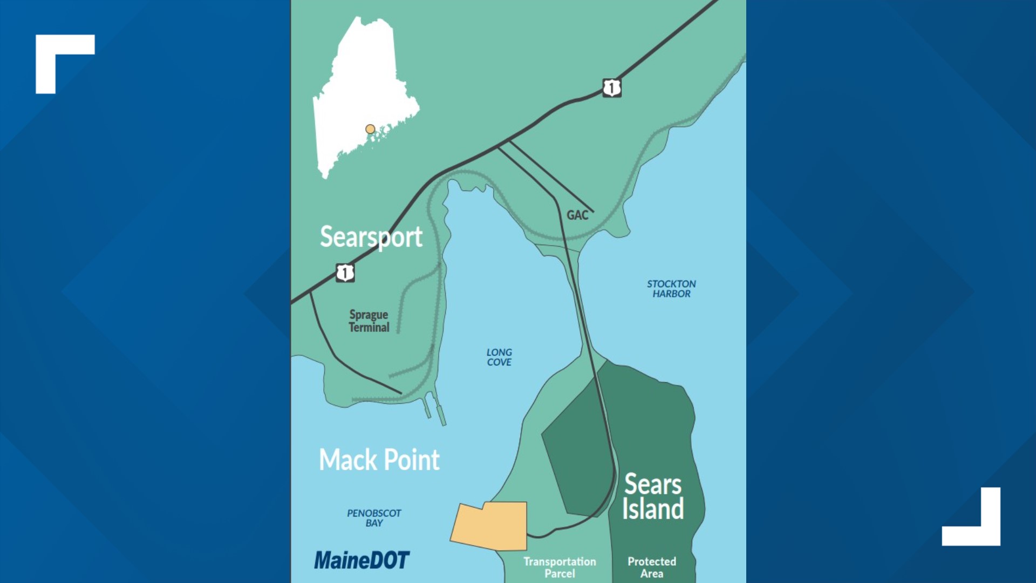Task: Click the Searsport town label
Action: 371,237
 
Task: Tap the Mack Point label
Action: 379,460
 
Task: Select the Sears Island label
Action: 653,497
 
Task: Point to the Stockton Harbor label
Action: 671,289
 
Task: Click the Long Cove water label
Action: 499,357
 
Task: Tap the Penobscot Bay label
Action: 374,518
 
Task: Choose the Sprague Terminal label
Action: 369,321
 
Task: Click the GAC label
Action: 577,215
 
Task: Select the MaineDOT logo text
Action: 362,560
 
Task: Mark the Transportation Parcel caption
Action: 560,567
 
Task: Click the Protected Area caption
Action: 651,567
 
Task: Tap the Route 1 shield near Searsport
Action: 345,273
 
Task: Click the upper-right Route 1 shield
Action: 611,87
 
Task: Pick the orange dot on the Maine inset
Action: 370,129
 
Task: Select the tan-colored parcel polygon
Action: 490,526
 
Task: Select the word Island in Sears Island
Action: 653,509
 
